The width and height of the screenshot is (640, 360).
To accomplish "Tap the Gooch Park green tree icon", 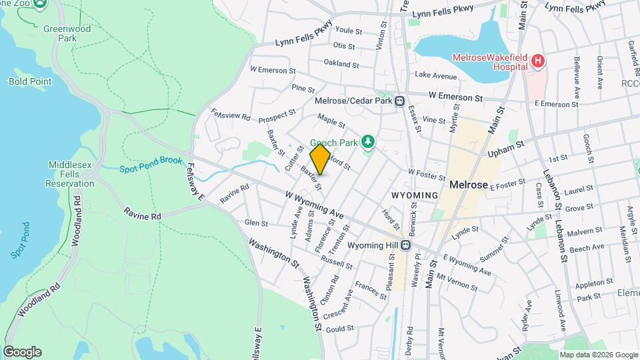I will [367, 141].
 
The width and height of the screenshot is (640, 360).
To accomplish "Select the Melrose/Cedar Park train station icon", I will [399, 101].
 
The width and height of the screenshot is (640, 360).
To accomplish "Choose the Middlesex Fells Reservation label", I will [71, 174].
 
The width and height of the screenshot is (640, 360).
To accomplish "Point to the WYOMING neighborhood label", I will [414, 195].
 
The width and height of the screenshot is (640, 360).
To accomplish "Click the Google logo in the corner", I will [22, 352].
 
